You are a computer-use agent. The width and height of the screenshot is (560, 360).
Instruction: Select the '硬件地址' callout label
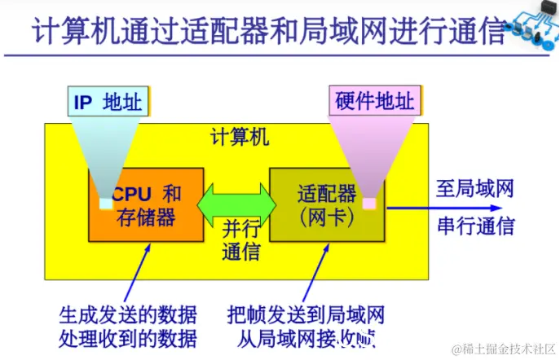(x=375, y=102)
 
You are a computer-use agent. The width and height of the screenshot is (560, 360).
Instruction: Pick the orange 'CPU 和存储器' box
(x=146, y=204)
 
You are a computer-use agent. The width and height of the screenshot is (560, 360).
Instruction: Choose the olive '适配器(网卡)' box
(x=327, y=204)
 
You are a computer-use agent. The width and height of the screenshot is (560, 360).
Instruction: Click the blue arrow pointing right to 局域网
(x=424, y=207)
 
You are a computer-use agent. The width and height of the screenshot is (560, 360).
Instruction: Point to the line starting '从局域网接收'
(x=302, y=337)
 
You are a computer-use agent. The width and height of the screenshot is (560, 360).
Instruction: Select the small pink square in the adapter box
(x=369, y=203)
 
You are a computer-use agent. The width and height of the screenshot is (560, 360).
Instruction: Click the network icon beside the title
(x=534, y=29)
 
